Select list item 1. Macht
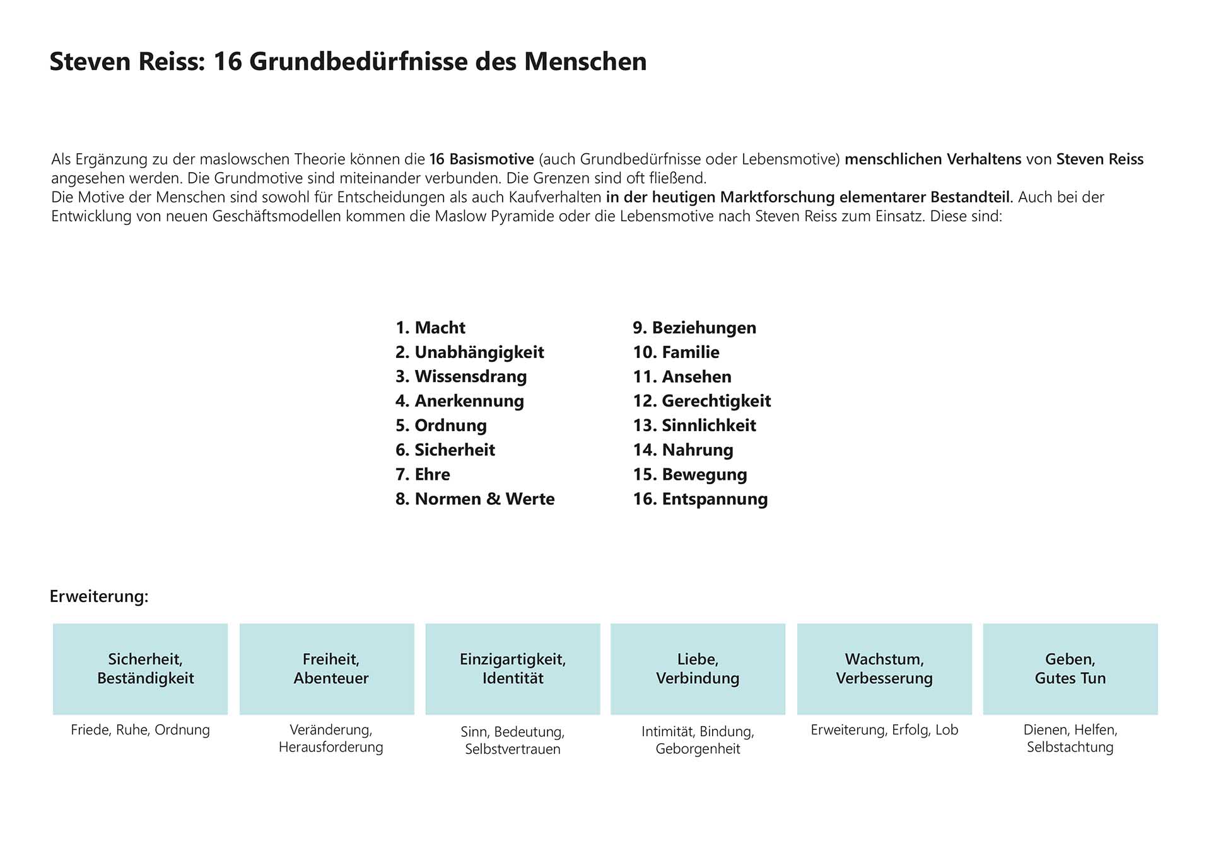coord(430,328)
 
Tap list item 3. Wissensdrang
coord(460,376)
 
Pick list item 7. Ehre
coord(423,474)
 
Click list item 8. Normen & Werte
coord(474,499)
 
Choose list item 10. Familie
coord(676,352)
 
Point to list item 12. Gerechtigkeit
coord(701,401)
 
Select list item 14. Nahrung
coord(682,450)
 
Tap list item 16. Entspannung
coord(700,499)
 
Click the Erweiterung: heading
coord(99,596)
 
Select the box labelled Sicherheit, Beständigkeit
coord(140,669)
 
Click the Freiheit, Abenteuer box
coord(327,669)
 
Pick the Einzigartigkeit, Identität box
coord(513,669)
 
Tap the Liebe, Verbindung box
coord(698,669)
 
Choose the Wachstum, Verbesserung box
coord(884,669)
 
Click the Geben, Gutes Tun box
coord(1070,669)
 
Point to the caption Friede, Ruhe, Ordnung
coord(140,730)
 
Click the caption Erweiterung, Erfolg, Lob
coord(884,730)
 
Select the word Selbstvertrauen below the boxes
coord(513,749)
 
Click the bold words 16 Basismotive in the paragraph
coord(482,159)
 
